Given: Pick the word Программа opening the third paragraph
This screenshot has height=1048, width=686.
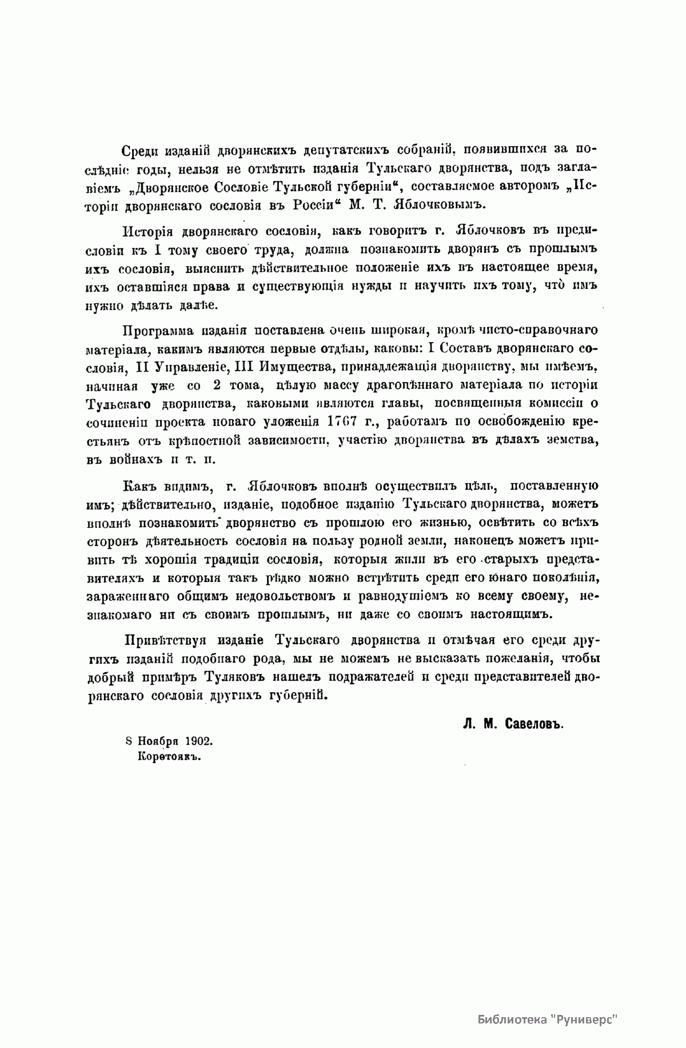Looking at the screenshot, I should coord(151,330).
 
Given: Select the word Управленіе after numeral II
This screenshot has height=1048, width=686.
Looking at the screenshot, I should coord(184,366).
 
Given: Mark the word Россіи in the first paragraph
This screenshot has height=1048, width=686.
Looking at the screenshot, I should coord(310,204).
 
